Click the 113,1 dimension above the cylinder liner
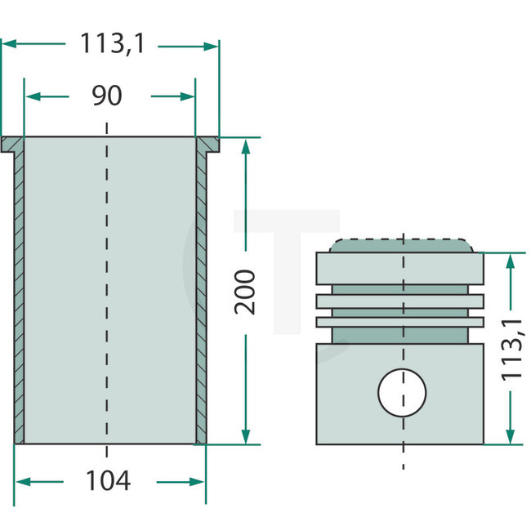[111, 45]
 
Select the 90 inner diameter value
[107, 96]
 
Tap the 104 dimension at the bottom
[109, 481]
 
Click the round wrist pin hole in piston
[402, 391]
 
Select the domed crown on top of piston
[401, 246]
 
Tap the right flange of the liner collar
[208, 145]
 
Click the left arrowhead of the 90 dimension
[32, 96]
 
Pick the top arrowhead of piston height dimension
[511, 259]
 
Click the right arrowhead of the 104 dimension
[199, 481]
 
